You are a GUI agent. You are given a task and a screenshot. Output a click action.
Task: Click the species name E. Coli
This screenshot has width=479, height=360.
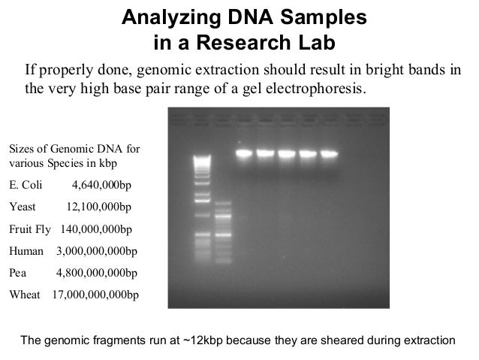(26, 185)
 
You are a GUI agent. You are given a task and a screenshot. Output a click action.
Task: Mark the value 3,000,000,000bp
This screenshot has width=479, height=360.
(97, 250)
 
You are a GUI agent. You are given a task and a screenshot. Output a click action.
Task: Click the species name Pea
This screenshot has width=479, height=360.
(17, 272)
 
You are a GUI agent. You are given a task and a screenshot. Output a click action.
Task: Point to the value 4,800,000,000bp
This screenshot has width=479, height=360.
(97, 272)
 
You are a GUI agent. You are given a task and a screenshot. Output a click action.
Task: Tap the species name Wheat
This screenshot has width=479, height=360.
(24, 294)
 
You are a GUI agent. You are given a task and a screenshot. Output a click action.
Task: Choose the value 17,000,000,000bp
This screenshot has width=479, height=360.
(95, 294)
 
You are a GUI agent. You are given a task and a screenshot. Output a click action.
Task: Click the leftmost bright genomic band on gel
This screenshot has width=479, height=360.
(244, 154)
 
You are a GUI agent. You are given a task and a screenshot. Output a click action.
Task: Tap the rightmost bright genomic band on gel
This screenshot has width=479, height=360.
(329, 154)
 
